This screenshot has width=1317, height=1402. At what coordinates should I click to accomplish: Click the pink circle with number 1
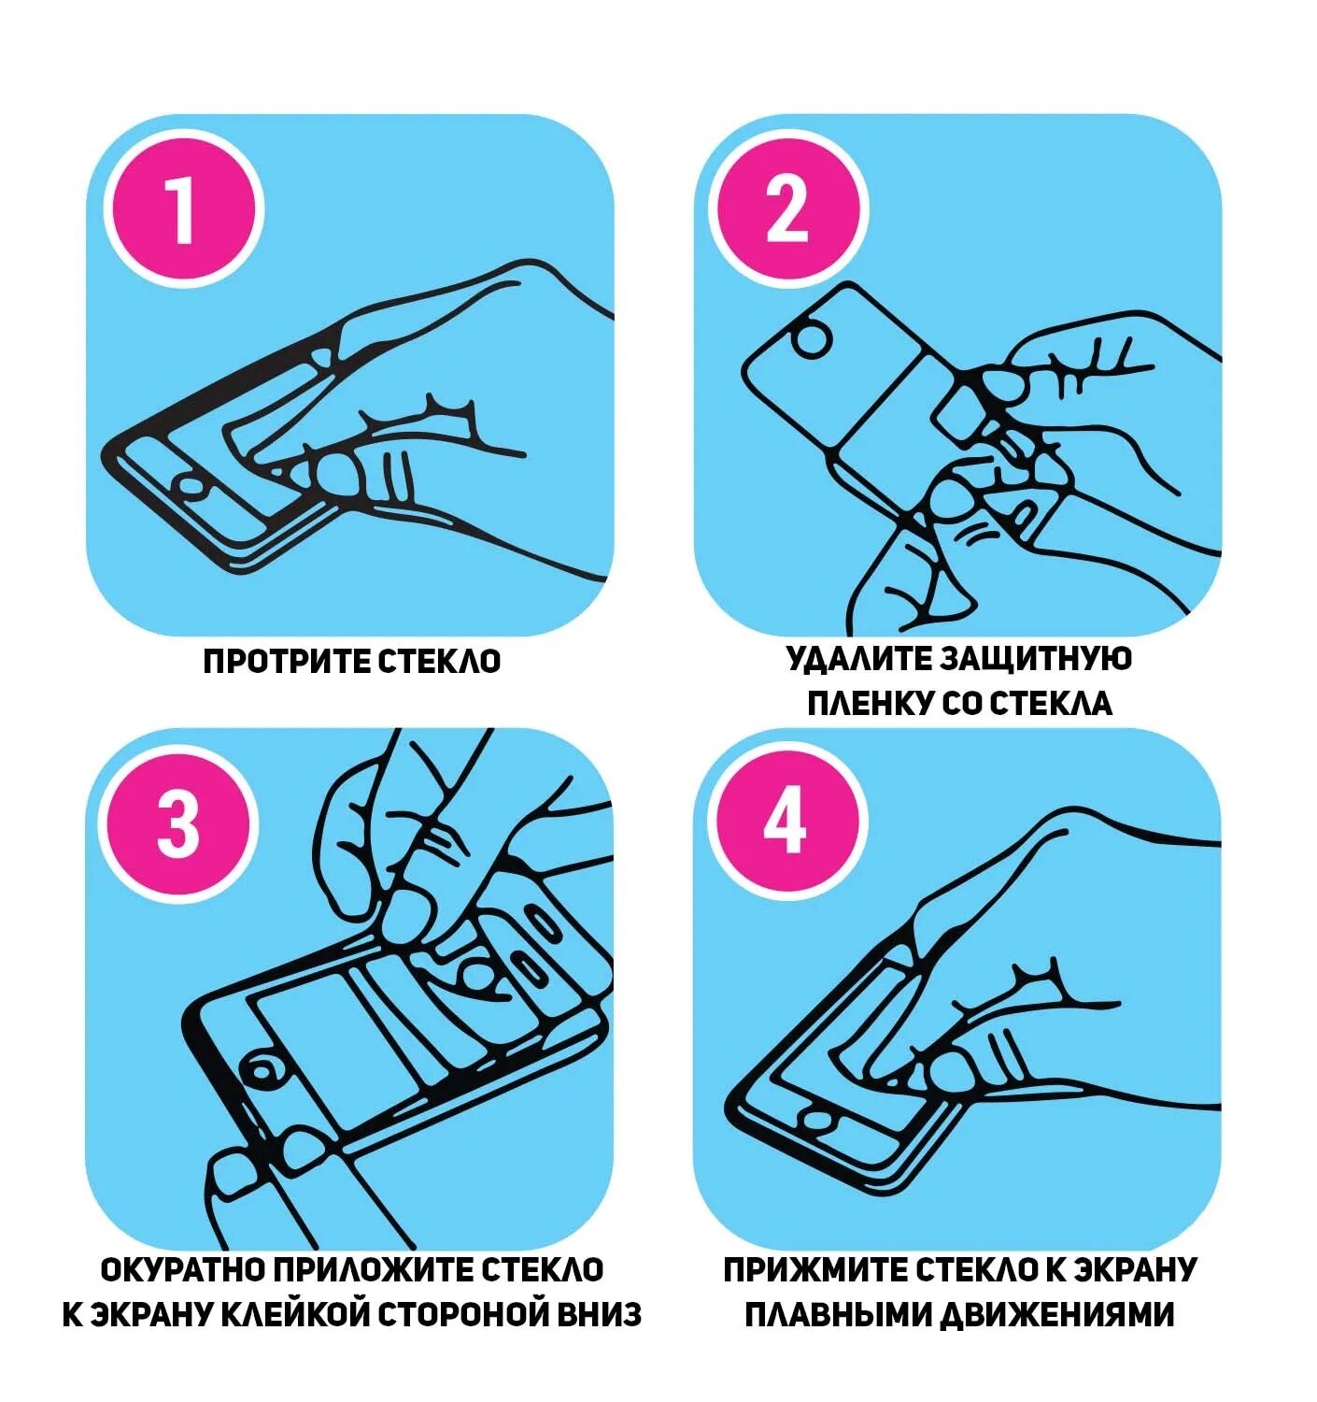pos(183,209)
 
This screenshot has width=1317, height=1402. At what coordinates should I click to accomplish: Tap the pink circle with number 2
pos(788,209)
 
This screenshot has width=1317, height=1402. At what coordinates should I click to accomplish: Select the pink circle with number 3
pos(178,824)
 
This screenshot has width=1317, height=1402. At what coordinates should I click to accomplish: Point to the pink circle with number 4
pos(785,824)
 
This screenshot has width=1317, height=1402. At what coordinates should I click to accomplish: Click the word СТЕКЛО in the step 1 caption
pos(439,662)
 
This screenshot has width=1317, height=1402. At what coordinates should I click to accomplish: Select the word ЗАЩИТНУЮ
pos(1037,659)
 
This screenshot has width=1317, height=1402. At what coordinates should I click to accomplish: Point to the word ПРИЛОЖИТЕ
pos(373,1270)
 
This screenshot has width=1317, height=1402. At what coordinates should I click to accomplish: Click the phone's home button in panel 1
pos(191,485)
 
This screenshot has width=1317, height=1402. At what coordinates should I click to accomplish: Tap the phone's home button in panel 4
pos(817,1118)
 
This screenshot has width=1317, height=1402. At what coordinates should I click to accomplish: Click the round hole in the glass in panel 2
pos(811,339)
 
